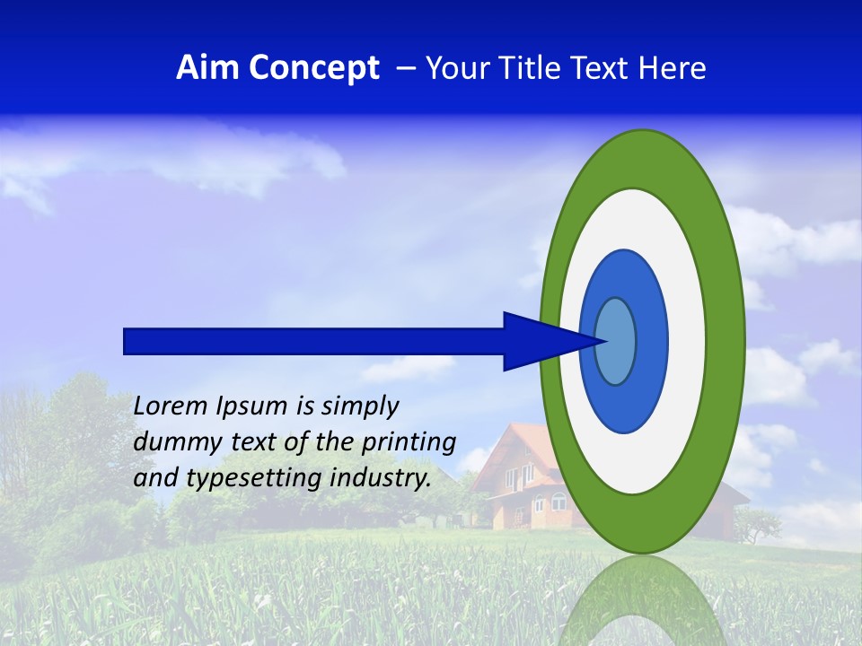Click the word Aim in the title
coord(207,68)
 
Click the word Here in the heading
coord(672,68)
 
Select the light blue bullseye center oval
coord(616,341)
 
